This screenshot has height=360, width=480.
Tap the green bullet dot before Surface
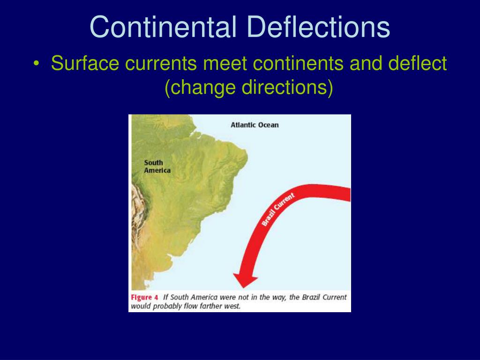tap(37, 64)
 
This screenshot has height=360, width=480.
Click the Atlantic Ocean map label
tap(254, 125)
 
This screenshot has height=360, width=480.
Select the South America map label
tap(157, 166)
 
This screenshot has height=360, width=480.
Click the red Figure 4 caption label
tap(144, 297)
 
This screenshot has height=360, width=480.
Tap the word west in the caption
tap(232, 306)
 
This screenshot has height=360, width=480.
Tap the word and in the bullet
tap(365, 63)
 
